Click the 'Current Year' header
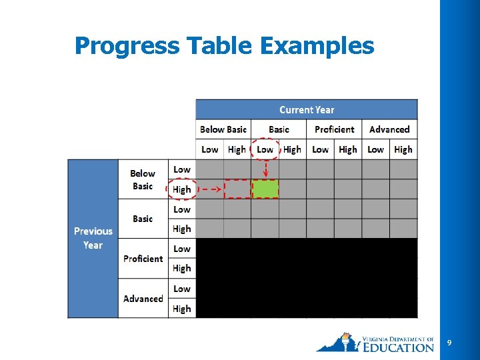click(307, 110)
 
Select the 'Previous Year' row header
click(93, 238)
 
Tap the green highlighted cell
click(265, 189)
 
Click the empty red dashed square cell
click(237, 189)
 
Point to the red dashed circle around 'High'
click(181, 189)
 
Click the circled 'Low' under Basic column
click(265, 149)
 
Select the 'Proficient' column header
click(334, 129)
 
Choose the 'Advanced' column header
click(389, 129)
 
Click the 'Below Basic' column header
click(223, 129)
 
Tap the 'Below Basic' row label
click(143, 179)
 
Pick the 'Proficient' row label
click(143, 259)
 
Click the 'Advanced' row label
click(143, 299)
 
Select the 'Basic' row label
click(143, 219)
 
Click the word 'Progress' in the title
click(127, 46)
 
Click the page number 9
click(449, 343)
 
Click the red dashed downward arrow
click(265, 169)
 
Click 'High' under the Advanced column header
click(403, 149)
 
